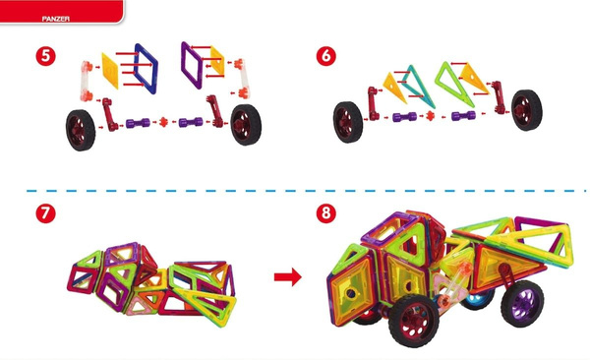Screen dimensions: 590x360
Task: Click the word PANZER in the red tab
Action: [56, 19]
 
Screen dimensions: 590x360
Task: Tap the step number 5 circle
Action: [45, 56]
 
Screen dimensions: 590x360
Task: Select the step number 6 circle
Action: [325, 56]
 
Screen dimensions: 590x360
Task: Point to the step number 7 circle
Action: [45, 213]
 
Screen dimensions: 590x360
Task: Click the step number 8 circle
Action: [325, 213]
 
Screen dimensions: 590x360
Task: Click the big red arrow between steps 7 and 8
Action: [288, 277]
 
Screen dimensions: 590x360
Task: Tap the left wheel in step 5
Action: [81, 130]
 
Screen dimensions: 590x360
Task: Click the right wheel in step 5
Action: [246, 125]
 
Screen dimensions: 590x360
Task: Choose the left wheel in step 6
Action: [348, 122]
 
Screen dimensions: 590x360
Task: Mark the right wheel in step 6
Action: [527, 110]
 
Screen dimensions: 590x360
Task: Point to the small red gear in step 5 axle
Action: [163, 122]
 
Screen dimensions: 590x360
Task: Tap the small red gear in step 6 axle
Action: [430, 116]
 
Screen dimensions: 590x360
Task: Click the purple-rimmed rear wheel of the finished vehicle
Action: [523, 303]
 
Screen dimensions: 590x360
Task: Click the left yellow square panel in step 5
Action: [110, 71]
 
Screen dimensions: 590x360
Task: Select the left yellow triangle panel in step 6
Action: [393, 87]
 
